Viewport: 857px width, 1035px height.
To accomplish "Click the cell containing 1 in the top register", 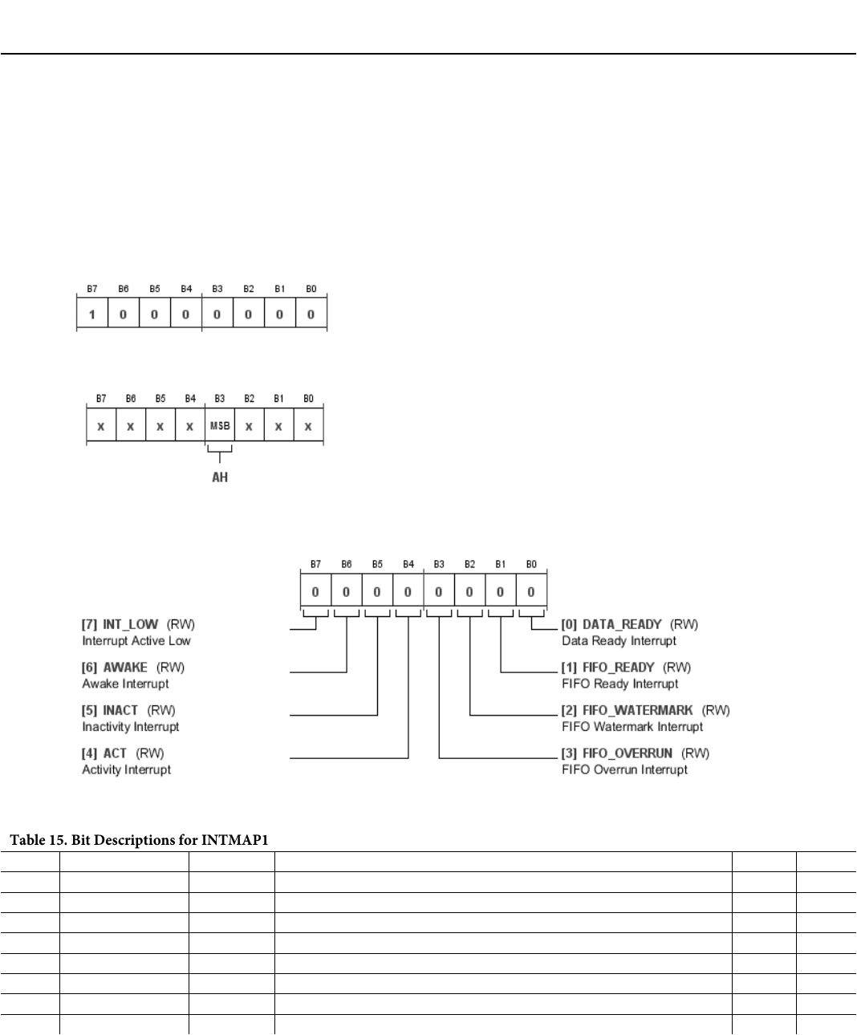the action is coord(92,314).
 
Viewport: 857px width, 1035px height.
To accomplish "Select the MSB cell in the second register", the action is coord(220,426).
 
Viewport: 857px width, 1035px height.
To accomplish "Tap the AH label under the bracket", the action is coord(219,477).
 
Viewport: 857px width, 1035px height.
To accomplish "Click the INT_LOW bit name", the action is coord(130,624).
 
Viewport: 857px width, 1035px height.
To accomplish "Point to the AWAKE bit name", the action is coord(125,668).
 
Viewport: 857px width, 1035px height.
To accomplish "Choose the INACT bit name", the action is coord(120,710).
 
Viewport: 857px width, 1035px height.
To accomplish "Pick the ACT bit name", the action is coord(115,753).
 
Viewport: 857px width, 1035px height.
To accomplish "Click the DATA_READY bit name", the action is coord(622,624).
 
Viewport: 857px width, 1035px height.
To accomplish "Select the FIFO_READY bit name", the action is coord(618,668).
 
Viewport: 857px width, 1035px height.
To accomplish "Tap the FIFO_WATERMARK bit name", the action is coord(637,710).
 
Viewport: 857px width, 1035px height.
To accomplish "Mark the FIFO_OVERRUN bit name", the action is coord(627,753).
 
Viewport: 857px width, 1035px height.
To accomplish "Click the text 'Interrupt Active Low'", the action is coord(136,641).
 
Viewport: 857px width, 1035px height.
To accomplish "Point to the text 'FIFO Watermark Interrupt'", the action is coord(632,727).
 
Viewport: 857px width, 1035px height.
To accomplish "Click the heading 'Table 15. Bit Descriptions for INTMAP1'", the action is coord(139,840).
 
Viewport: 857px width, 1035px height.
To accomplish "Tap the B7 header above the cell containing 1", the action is coord(92,289).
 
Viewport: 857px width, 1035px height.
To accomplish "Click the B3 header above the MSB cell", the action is coord(220,399).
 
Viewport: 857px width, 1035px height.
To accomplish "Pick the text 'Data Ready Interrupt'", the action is coord(619,641).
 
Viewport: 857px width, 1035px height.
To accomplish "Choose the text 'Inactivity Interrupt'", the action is coord(131,727).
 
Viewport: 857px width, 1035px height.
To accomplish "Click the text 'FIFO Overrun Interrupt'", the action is coord(624,770).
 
